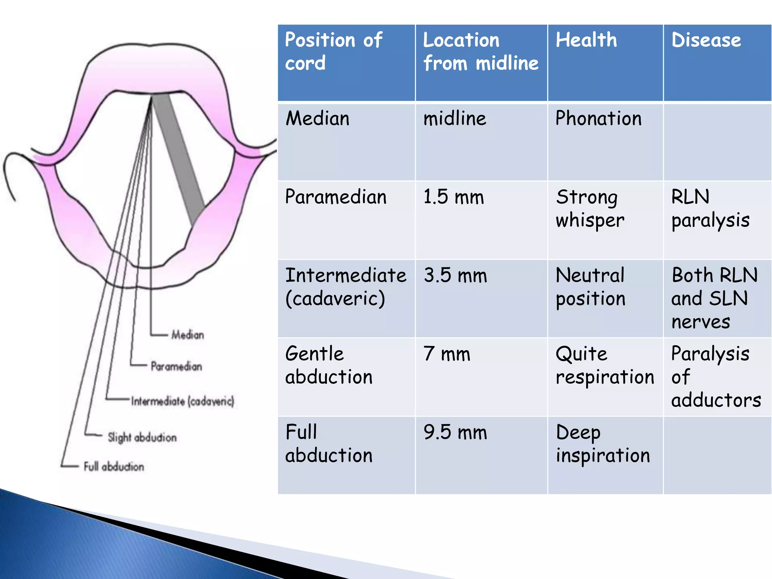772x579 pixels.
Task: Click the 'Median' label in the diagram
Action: [x=187, y=335]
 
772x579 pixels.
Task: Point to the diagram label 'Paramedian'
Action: [x=176, y=366]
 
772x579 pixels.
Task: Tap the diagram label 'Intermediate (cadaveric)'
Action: [x=182, y=401]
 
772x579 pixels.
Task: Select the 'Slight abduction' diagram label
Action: [x=142, y=437]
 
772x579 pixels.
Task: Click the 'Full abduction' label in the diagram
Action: [x=113, y=467]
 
